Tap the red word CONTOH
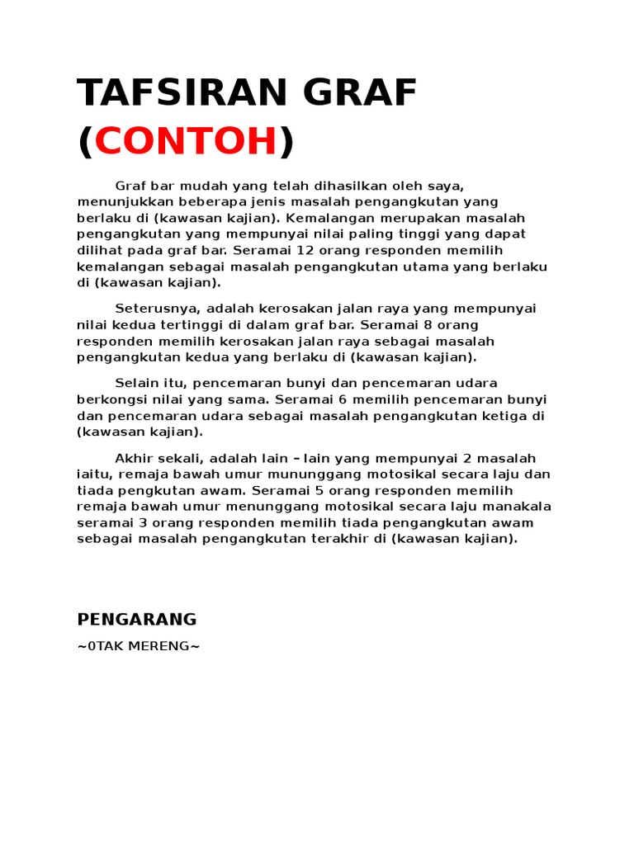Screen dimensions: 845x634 tap(186, 142)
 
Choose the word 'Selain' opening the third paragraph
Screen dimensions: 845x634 tap(137, 383)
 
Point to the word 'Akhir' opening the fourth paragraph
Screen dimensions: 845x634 tap(135, 458)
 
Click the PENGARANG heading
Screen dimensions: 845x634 tap(137, 619)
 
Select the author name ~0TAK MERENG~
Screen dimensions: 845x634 tap(139, 646)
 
